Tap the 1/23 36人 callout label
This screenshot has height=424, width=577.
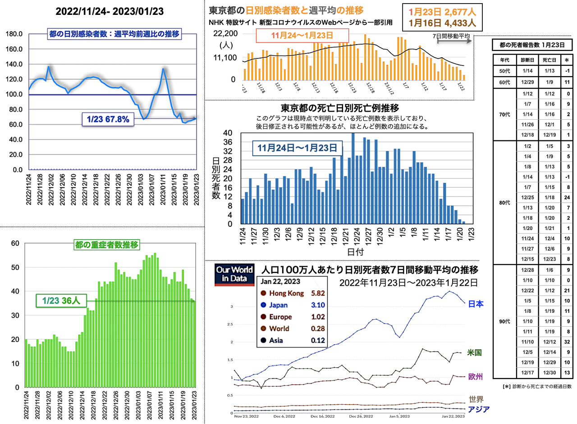(x=61, y=301)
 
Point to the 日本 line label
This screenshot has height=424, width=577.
(x=476, y=304)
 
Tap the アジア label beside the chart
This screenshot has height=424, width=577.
(x=478, y=409)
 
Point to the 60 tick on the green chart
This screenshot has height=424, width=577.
(x=15, y=243)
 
